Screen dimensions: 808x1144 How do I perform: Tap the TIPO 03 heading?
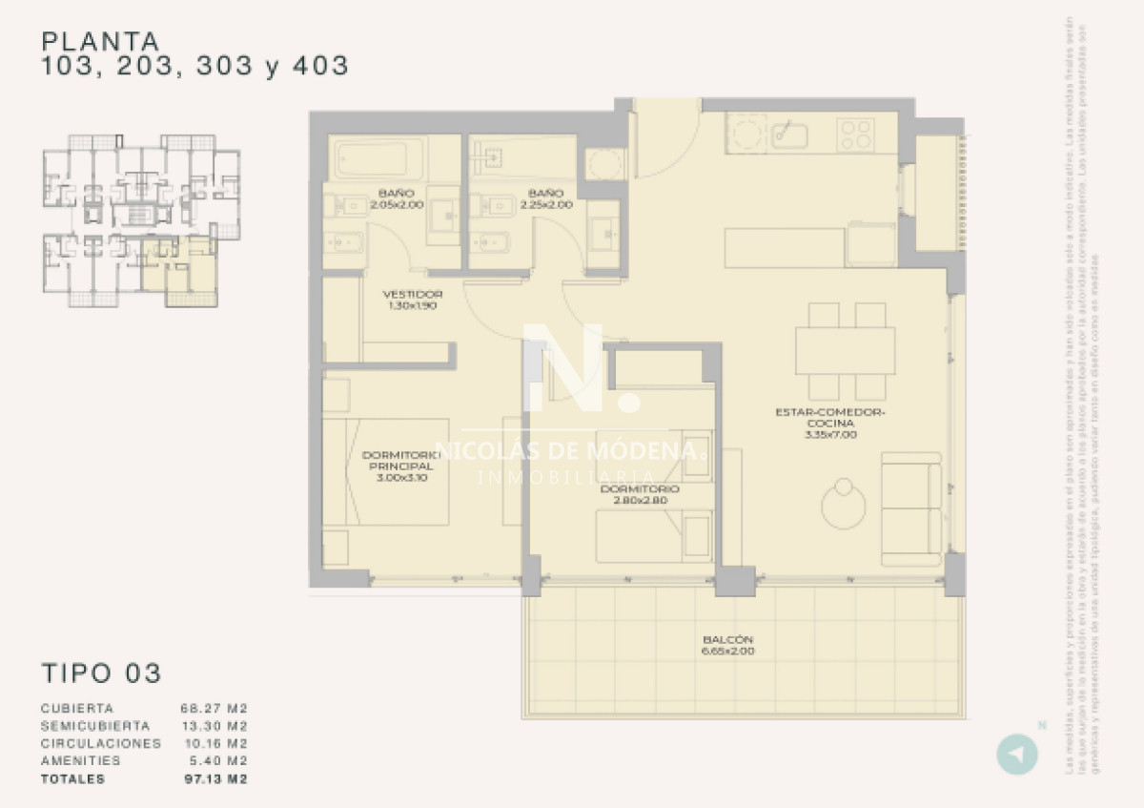[x=101, y=673]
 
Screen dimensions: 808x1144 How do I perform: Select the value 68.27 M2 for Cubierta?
[x=214, y=709]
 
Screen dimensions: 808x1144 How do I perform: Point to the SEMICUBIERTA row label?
[x=93, y=726]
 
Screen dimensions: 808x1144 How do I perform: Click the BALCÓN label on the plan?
[x=728, y=639]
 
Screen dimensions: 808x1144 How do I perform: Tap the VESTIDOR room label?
[x=412, y=294]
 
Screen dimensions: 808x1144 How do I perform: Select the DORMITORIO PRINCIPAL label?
[x=400, y=466]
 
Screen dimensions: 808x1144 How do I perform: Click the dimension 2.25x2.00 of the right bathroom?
[x=546, y=204]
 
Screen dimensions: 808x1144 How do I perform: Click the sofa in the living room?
[x=910, y=508]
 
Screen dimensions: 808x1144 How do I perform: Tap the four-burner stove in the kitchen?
[x=857, y=134]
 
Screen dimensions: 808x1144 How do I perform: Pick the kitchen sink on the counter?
[x=789, y=135]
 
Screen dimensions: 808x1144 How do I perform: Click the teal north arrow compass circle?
[x=1017, y=754]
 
